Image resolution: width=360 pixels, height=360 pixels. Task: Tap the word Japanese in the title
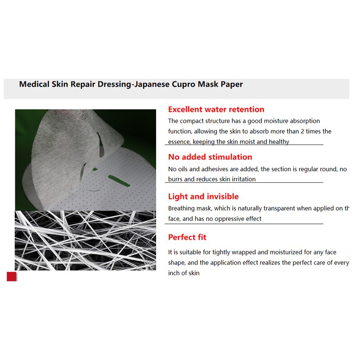(x=149, y=84)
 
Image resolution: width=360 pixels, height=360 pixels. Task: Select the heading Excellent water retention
(x=216, y=109)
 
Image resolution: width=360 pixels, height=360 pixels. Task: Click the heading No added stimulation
(x=210, y=157)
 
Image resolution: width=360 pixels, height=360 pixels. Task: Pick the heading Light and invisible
(x=203, y=197)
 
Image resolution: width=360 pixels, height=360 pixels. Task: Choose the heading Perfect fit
(x=187, y=237)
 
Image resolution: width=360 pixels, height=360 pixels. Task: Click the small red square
(x=11, y=276)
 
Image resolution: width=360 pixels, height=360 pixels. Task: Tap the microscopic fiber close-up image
(x=85, y=240)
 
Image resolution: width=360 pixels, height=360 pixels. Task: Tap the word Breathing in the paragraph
(x=181, y=208)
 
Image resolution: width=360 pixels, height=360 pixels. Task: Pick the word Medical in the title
(x=34, y=84)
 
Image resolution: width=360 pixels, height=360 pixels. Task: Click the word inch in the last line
(x=175, y=273)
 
